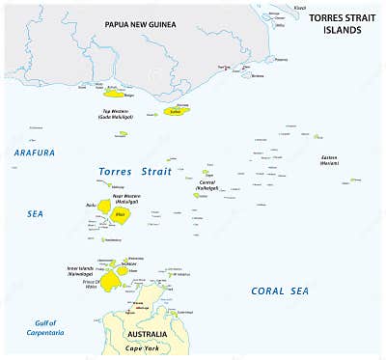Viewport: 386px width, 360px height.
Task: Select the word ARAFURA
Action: (35, 152)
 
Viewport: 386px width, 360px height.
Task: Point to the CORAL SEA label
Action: (280, 291)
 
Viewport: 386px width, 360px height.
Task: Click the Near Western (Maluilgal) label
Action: (128, 199)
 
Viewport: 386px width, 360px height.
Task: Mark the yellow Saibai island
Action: (175, 111)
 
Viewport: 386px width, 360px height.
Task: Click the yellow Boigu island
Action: (114, 93)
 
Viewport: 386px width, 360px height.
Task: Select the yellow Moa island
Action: (120, 215)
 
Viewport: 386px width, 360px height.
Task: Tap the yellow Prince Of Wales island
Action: (112, 279)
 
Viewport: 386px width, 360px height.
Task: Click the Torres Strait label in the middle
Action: (136, 172)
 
